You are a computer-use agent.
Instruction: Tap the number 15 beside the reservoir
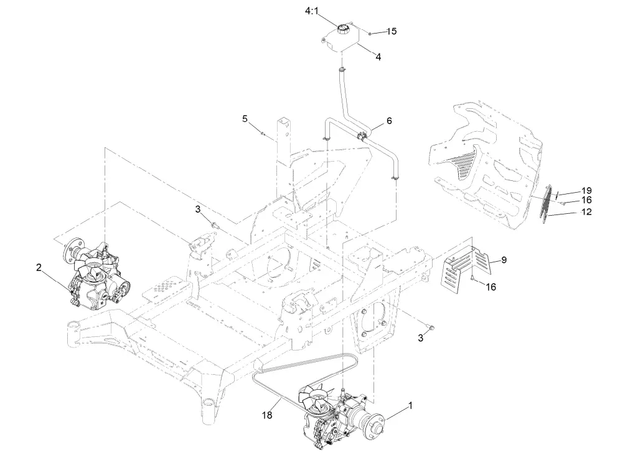(x=391, y=31)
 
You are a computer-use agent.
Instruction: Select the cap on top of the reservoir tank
(x=342, y=28)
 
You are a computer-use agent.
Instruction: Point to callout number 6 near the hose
(x=389, y=121)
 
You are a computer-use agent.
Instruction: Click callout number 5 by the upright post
(x=245, y=118)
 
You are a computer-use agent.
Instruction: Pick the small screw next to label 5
(x=263, y=132)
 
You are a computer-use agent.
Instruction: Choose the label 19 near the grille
(x=586, y=190)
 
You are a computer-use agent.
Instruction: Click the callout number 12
(x=586, y=212)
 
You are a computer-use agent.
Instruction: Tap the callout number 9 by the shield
(x=503, y=259)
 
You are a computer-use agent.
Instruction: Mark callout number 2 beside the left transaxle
(x=39, y=267)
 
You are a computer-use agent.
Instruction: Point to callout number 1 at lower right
(x=410, y=405)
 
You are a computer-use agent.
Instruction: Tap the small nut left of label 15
(x=370, y=31)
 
